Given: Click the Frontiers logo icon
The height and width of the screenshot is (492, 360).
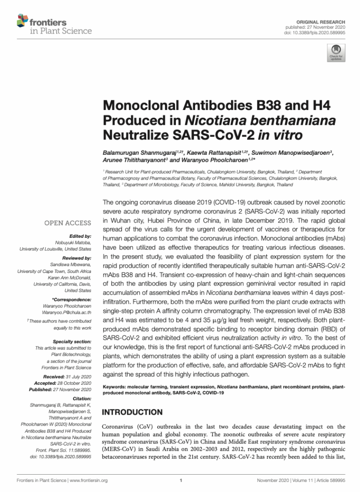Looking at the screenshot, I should (23, 21).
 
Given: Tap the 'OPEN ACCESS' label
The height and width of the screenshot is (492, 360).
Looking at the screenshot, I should (67, 223).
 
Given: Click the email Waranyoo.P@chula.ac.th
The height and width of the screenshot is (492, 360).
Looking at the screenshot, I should (67, 312).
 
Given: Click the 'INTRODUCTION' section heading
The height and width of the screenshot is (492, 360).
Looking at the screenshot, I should (133, 412).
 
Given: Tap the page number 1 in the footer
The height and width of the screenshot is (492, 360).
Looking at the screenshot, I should (180, 480).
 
